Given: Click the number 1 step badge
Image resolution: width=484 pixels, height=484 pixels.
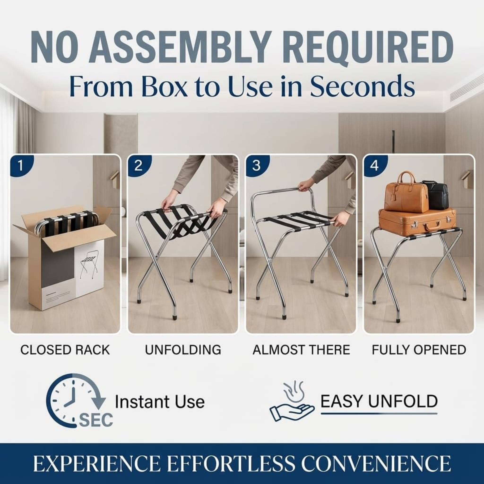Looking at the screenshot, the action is tap(21, 165).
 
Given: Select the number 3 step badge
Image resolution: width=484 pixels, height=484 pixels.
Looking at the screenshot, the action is tap(256, 165).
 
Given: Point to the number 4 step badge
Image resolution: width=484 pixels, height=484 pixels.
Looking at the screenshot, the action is tap(374, 165).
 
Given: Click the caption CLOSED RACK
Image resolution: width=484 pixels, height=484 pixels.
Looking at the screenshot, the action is tap(65, 350).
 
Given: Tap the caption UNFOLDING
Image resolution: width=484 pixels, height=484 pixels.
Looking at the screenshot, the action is tap(183, 350).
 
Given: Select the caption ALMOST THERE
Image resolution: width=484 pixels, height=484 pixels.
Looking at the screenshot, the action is tap(301, 350).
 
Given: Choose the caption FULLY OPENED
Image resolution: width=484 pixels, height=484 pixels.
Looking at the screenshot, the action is tap(419, 350).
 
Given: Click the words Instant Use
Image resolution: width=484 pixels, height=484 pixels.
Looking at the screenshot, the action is tap(160, 402).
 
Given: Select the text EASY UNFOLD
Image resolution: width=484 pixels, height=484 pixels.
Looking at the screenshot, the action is tap(379, 401).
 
